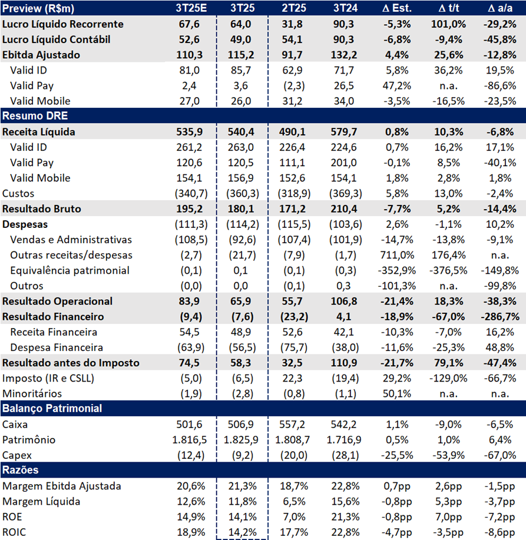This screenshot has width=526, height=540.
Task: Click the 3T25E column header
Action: click(190, 9)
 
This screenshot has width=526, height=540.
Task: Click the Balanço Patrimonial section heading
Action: click(52, 408)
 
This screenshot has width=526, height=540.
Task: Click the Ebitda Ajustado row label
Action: click(41, 55)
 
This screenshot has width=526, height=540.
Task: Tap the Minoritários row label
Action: click(32, 393)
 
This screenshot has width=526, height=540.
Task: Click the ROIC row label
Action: click(14, 532)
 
